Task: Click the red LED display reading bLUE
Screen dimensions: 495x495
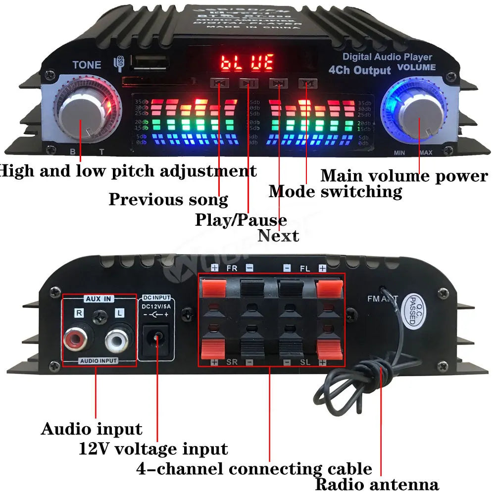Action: (x=247, y=62)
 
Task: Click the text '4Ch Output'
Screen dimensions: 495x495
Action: (x=359, y=70)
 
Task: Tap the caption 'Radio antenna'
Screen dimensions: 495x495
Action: (x=377, y=485)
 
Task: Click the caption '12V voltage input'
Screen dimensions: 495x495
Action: (x=153, y=449)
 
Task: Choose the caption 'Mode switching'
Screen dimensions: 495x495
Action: (x=335, y=192)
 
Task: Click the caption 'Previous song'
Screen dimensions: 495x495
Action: (x=168, y=199)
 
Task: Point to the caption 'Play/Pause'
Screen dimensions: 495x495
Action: (x=241, y=219)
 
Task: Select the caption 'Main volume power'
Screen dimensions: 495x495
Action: (x=404, y=176)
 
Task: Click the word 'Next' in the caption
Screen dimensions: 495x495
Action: (x=279, y=236)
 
